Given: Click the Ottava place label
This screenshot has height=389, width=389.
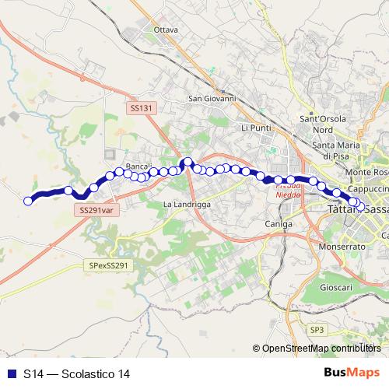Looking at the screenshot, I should tap(166, 30).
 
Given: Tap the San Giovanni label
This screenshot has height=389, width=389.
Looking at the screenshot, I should tap(212, 99).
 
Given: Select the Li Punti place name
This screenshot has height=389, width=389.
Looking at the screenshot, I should tap(256, 127).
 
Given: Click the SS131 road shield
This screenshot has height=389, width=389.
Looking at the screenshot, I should tap(141, 109).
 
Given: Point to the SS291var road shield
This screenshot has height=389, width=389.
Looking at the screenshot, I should tap(96, 210).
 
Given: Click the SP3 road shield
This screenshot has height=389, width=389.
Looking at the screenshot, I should tap(317, 330).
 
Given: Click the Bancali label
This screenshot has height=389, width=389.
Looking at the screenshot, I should tap(138, 166).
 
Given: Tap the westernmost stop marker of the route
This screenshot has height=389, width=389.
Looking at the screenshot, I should tap(28, 201).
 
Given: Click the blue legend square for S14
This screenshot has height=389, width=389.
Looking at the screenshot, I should tap(10, 374).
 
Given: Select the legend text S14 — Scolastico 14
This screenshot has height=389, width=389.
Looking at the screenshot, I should tap(76, 374).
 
